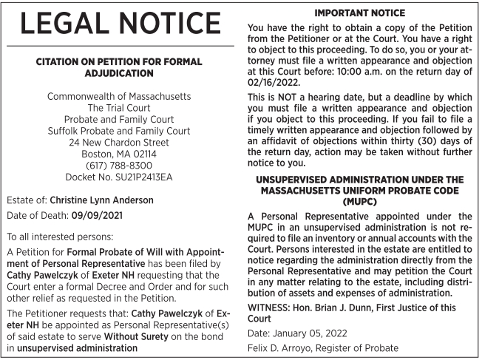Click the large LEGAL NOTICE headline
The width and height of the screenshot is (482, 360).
click(120, 24)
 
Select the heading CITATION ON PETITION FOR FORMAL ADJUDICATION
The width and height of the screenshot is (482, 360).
click(120, 69)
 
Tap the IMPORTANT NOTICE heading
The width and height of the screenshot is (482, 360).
click(360, 13)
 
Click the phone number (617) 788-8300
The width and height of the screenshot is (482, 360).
click(120, 165)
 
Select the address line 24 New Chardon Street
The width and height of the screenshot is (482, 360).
click(120, 142)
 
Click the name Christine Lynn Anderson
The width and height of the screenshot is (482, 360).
click(112, 200)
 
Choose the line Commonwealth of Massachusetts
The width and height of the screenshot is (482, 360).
click(120, 96)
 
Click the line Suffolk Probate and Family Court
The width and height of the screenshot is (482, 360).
click(120, 130)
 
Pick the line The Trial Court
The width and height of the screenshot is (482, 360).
click(120, 107)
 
